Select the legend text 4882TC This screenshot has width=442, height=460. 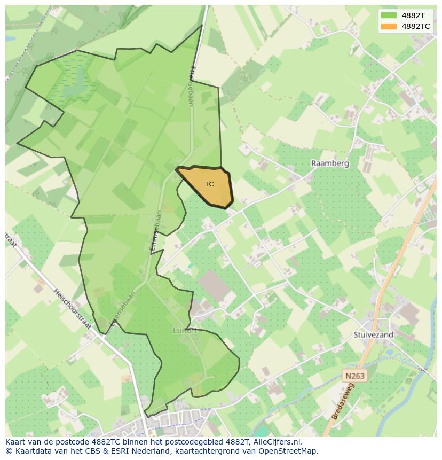[x=416, y=26]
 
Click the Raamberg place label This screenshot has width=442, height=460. [x=330, y=163]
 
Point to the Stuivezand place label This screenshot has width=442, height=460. [x=373, y=335]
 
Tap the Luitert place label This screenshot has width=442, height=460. [x=185, y=330]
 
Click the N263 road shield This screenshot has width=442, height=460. [x=354, y=376]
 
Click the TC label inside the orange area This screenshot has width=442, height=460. [x=209, y=184]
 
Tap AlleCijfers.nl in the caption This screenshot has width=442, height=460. [x=277, y=442]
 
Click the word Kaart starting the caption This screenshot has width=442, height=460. [x=16, y=442]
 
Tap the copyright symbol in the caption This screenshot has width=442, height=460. [x=9, y=451]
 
